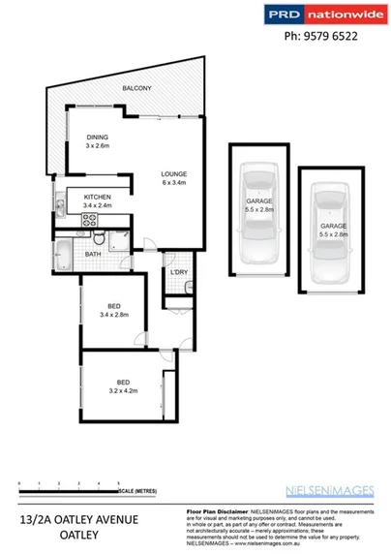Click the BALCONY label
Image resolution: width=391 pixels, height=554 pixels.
[x=135, y=89]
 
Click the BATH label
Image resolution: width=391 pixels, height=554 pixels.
[x=93, y=255]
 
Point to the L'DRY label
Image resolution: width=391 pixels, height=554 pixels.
[x=178, y=271]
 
